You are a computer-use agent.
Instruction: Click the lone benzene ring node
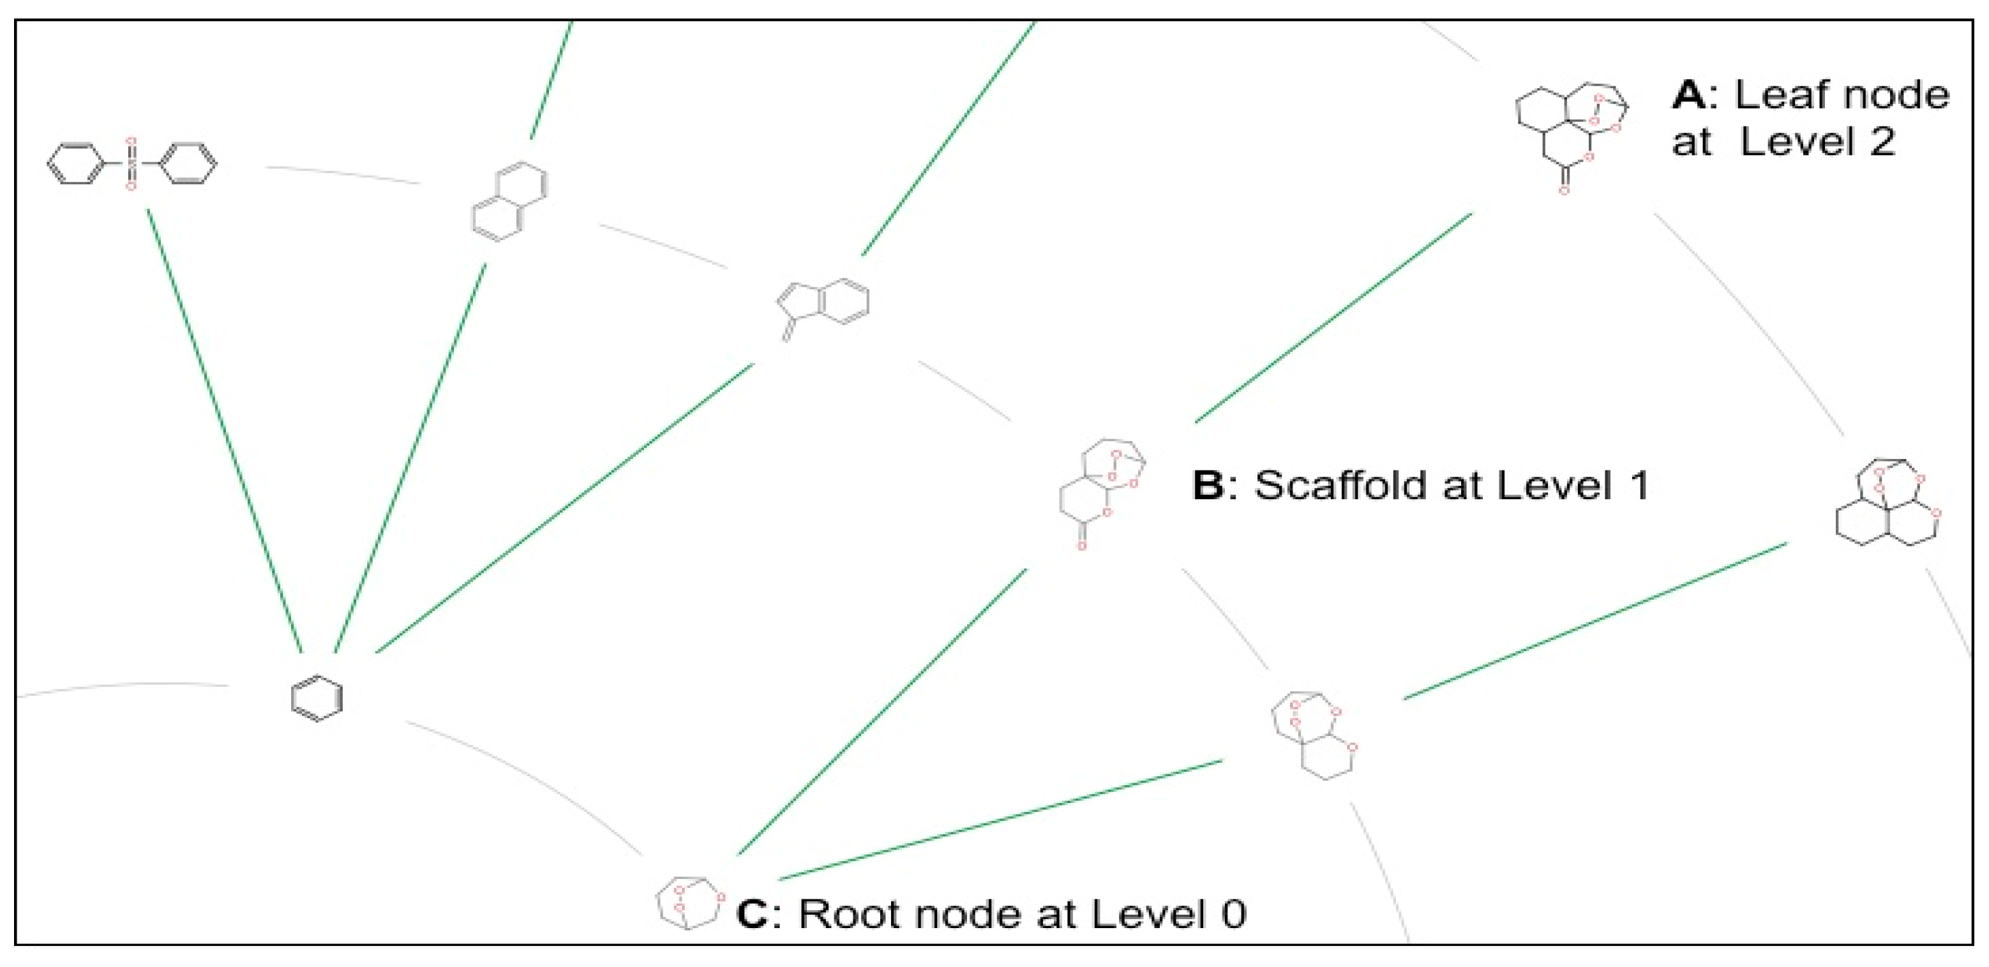point(317,698)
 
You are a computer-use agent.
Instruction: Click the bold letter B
point(1209,486)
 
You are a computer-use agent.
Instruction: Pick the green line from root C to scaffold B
point(882,712)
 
